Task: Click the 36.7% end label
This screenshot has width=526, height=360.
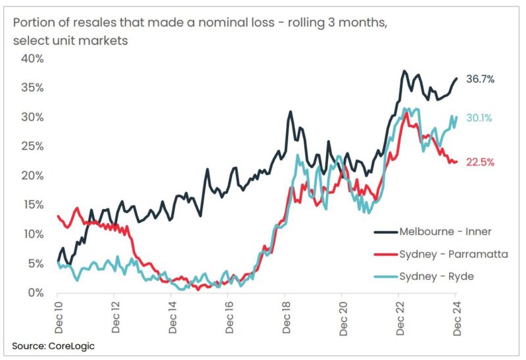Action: [480, 79]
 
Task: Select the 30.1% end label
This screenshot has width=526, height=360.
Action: [480, 118]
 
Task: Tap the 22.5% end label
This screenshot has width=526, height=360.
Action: [480, 162]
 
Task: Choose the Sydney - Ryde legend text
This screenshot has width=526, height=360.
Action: [437, 276]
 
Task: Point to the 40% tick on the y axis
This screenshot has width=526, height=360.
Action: [32, 58]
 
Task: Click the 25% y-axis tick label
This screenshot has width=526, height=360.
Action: [32, 146]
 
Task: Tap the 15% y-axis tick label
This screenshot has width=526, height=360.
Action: [32, 205]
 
